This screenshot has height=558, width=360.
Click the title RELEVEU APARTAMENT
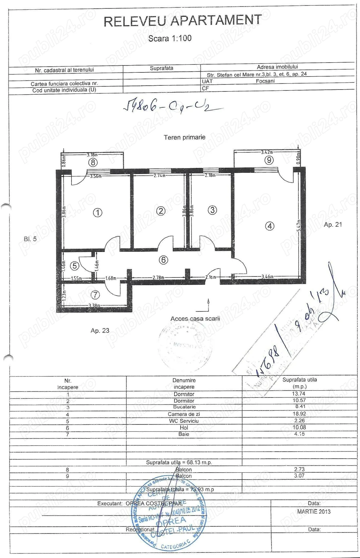click(x=183, y=21)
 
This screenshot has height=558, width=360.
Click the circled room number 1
click(x=98, y=212)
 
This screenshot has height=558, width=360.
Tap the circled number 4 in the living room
click(x=270, y=226)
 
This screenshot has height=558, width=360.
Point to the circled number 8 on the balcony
click(x=93, y=162)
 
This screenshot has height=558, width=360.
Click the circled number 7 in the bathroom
click(x=95, y=295)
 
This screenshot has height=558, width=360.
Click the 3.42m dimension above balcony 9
click(x=267, y=152)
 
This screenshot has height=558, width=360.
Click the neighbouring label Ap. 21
click(x=333, y=225)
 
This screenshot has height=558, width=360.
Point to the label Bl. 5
click(x=30, y=239)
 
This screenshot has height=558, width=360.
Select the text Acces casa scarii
click(x=195, y=319)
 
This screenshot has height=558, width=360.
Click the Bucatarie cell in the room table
click(x=184, y=407)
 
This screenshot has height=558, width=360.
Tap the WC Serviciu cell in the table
click(x=184, y=420)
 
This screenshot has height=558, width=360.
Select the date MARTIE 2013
click(x=314, y=512)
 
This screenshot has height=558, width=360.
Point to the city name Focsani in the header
click(x=265, y=81)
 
